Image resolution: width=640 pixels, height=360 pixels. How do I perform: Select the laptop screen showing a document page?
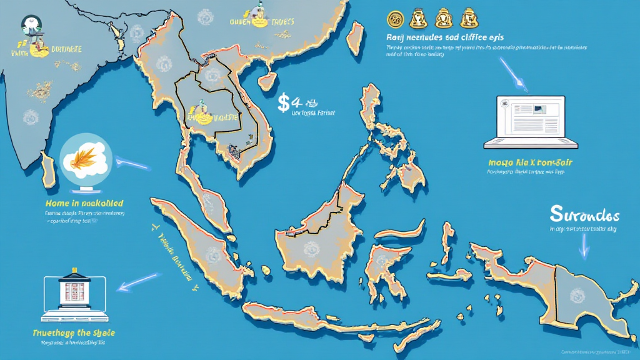coord(528,118)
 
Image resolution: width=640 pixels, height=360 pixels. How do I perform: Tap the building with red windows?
coord(71,292)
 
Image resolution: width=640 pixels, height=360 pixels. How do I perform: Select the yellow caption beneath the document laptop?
coord(529,162)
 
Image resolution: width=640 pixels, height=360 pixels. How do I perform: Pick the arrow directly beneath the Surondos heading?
coord(583,245)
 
